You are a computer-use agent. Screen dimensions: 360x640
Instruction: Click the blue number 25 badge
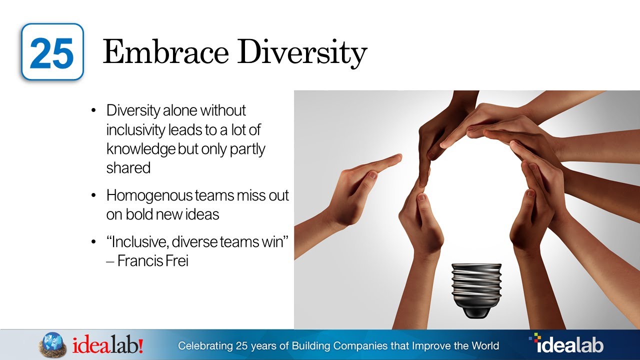pyautogui.click(x=52, y=52)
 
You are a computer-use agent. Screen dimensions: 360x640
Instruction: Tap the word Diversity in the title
pyautogui.click(x=302, y=53)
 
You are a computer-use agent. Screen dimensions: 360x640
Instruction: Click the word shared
pyautogui.click(x=128, y=168)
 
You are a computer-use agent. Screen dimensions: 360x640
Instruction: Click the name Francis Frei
pyautogui.click(x=152, y=260)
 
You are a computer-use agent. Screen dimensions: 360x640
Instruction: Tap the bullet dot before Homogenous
pyautogui.click(x=94, y=195)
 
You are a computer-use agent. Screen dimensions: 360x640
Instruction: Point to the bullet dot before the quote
pyautogui.click(x=94, y=242)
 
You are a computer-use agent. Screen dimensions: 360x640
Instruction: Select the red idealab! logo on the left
pyautogui.click(x=108, y=345)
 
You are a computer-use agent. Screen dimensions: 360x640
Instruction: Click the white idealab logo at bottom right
pyautogui.click(x=566, y=344)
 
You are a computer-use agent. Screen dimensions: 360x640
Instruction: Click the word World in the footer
pyautogui.click(x=484, y=345)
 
